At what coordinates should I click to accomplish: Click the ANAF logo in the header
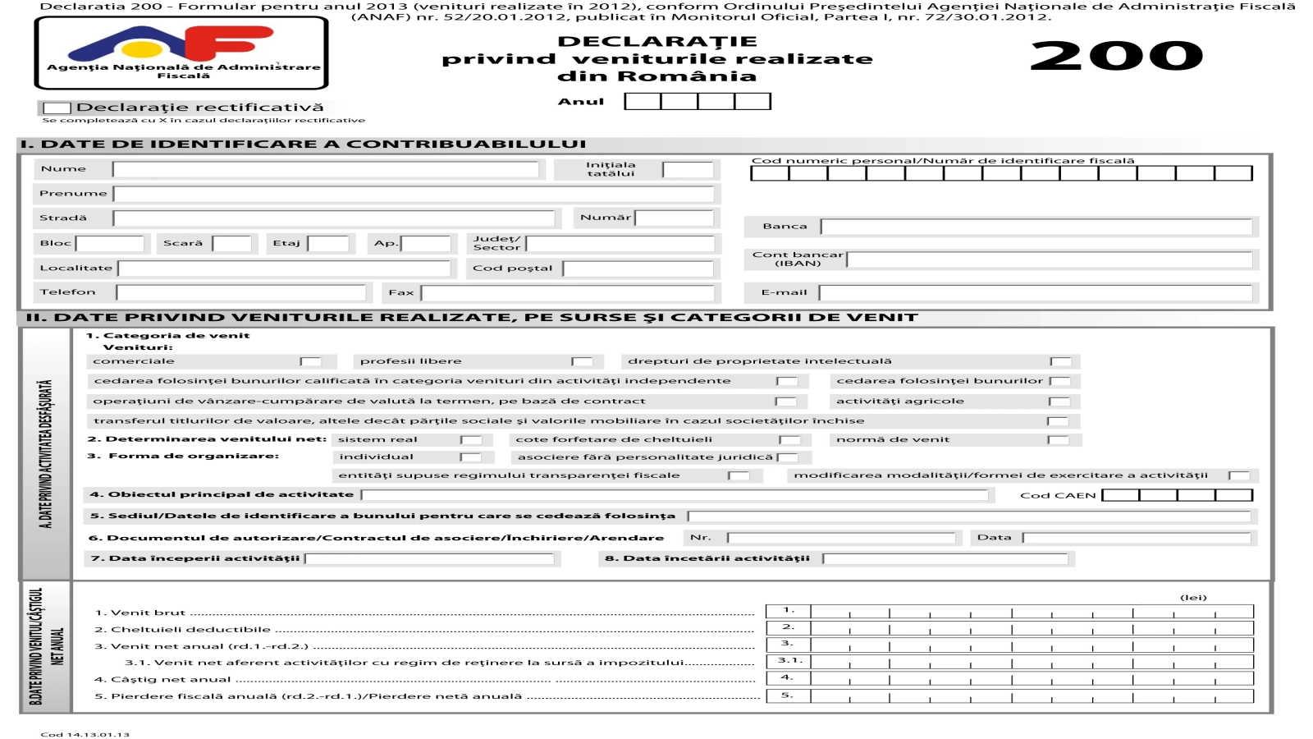181,52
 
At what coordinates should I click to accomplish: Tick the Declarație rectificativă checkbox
57,108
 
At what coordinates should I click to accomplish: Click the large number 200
1116,56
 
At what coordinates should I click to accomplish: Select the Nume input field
326,169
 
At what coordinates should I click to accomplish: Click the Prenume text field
414,194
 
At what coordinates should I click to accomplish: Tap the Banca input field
1036,227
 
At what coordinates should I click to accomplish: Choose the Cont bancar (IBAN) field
1050,259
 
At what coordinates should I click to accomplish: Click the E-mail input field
1036,292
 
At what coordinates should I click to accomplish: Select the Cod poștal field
638,269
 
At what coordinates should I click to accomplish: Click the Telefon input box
240,292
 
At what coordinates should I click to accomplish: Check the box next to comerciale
310,361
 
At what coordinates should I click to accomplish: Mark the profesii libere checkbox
582,361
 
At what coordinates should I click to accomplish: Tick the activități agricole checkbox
1059,402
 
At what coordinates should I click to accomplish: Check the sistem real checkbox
470,440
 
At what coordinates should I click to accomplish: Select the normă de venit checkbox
1059,440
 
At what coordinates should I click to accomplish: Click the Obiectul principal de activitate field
675,495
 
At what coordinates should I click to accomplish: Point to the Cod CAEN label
1058,495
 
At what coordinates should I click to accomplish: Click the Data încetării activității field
945,558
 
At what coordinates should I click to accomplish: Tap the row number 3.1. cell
788,661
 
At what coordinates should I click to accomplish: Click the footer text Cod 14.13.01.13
85,734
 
